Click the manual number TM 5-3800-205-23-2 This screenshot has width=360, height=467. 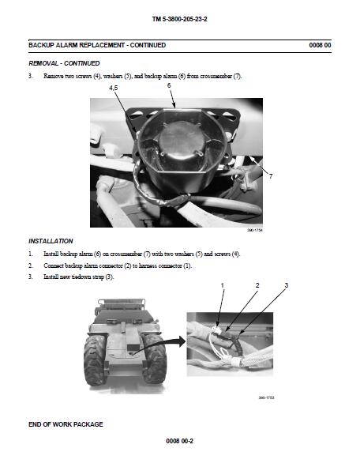(180, 19)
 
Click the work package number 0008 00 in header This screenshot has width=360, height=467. (320, 45)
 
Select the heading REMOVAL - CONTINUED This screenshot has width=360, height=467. (64, 63)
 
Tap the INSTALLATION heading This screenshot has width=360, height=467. (51, 241)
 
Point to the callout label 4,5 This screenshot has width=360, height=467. (114, 88)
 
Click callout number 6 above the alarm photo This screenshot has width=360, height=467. (169, 85)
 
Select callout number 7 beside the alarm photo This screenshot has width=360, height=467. (271, 176)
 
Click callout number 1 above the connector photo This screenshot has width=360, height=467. (223, 285)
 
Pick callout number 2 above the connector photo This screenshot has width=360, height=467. (257, 285)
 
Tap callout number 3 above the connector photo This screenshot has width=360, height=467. (287, 285)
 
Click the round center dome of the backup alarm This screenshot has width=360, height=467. (182, 141)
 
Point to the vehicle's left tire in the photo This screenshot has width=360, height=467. (96, 360)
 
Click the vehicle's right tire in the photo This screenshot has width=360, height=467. (155, 359)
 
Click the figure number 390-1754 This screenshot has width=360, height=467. (255, 230)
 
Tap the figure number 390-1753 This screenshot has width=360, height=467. (266, 397)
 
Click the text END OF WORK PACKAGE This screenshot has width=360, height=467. (66, 424)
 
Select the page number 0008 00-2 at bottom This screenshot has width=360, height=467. (180, 441)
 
